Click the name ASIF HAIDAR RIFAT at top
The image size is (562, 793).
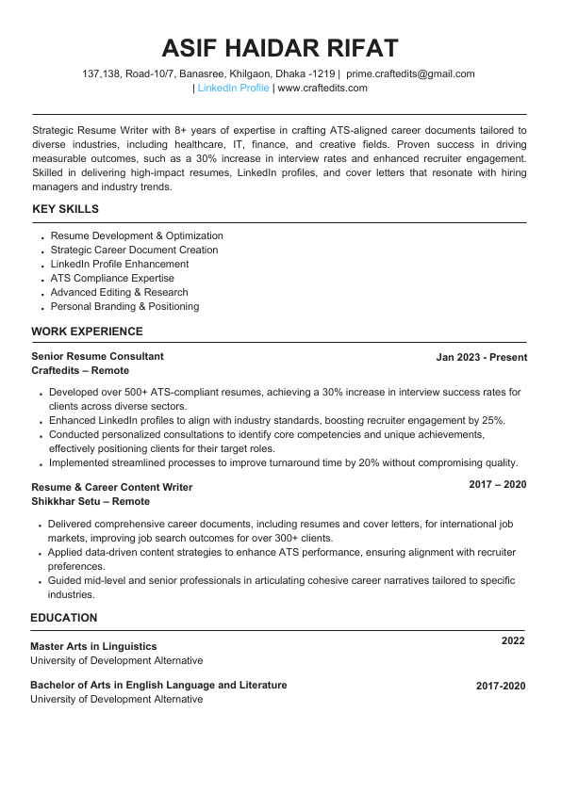click(280, 48)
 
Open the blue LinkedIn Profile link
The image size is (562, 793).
click(233, 88)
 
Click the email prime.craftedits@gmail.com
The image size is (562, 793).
click(410, 73)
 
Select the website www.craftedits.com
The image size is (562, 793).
click(322, 88)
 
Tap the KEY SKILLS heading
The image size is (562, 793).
click(65, 209)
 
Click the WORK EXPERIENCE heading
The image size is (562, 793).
click(87, 332)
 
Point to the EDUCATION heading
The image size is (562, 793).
click(63, 618)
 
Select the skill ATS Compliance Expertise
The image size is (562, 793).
click(112, 278)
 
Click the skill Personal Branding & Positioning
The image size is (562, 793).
click(124, 306)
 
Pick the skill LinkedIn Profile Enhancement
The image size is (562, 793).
click(119, 264)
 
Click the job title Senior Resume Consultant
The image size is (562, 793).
click(97, 356)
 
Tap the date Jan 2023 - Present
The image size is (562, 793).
click(481, 357)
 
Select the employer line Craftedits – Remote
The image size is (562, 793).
click(80, 371)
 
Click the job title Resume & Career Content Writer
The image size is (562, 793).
click(111, 487)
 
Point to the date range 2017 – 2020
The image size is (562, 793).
click(498, 484)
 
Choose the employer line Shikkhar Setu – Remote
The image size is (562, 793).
click(90, 501)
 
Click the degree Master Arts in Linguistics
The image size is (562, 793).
click(93, 646)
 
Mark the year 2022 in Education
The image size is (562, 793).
click(513, 640)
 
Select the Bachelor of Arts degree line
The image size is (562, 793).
click(158, 685)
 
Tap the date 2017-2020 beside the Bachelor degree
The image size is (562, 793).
click(500, 687)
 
